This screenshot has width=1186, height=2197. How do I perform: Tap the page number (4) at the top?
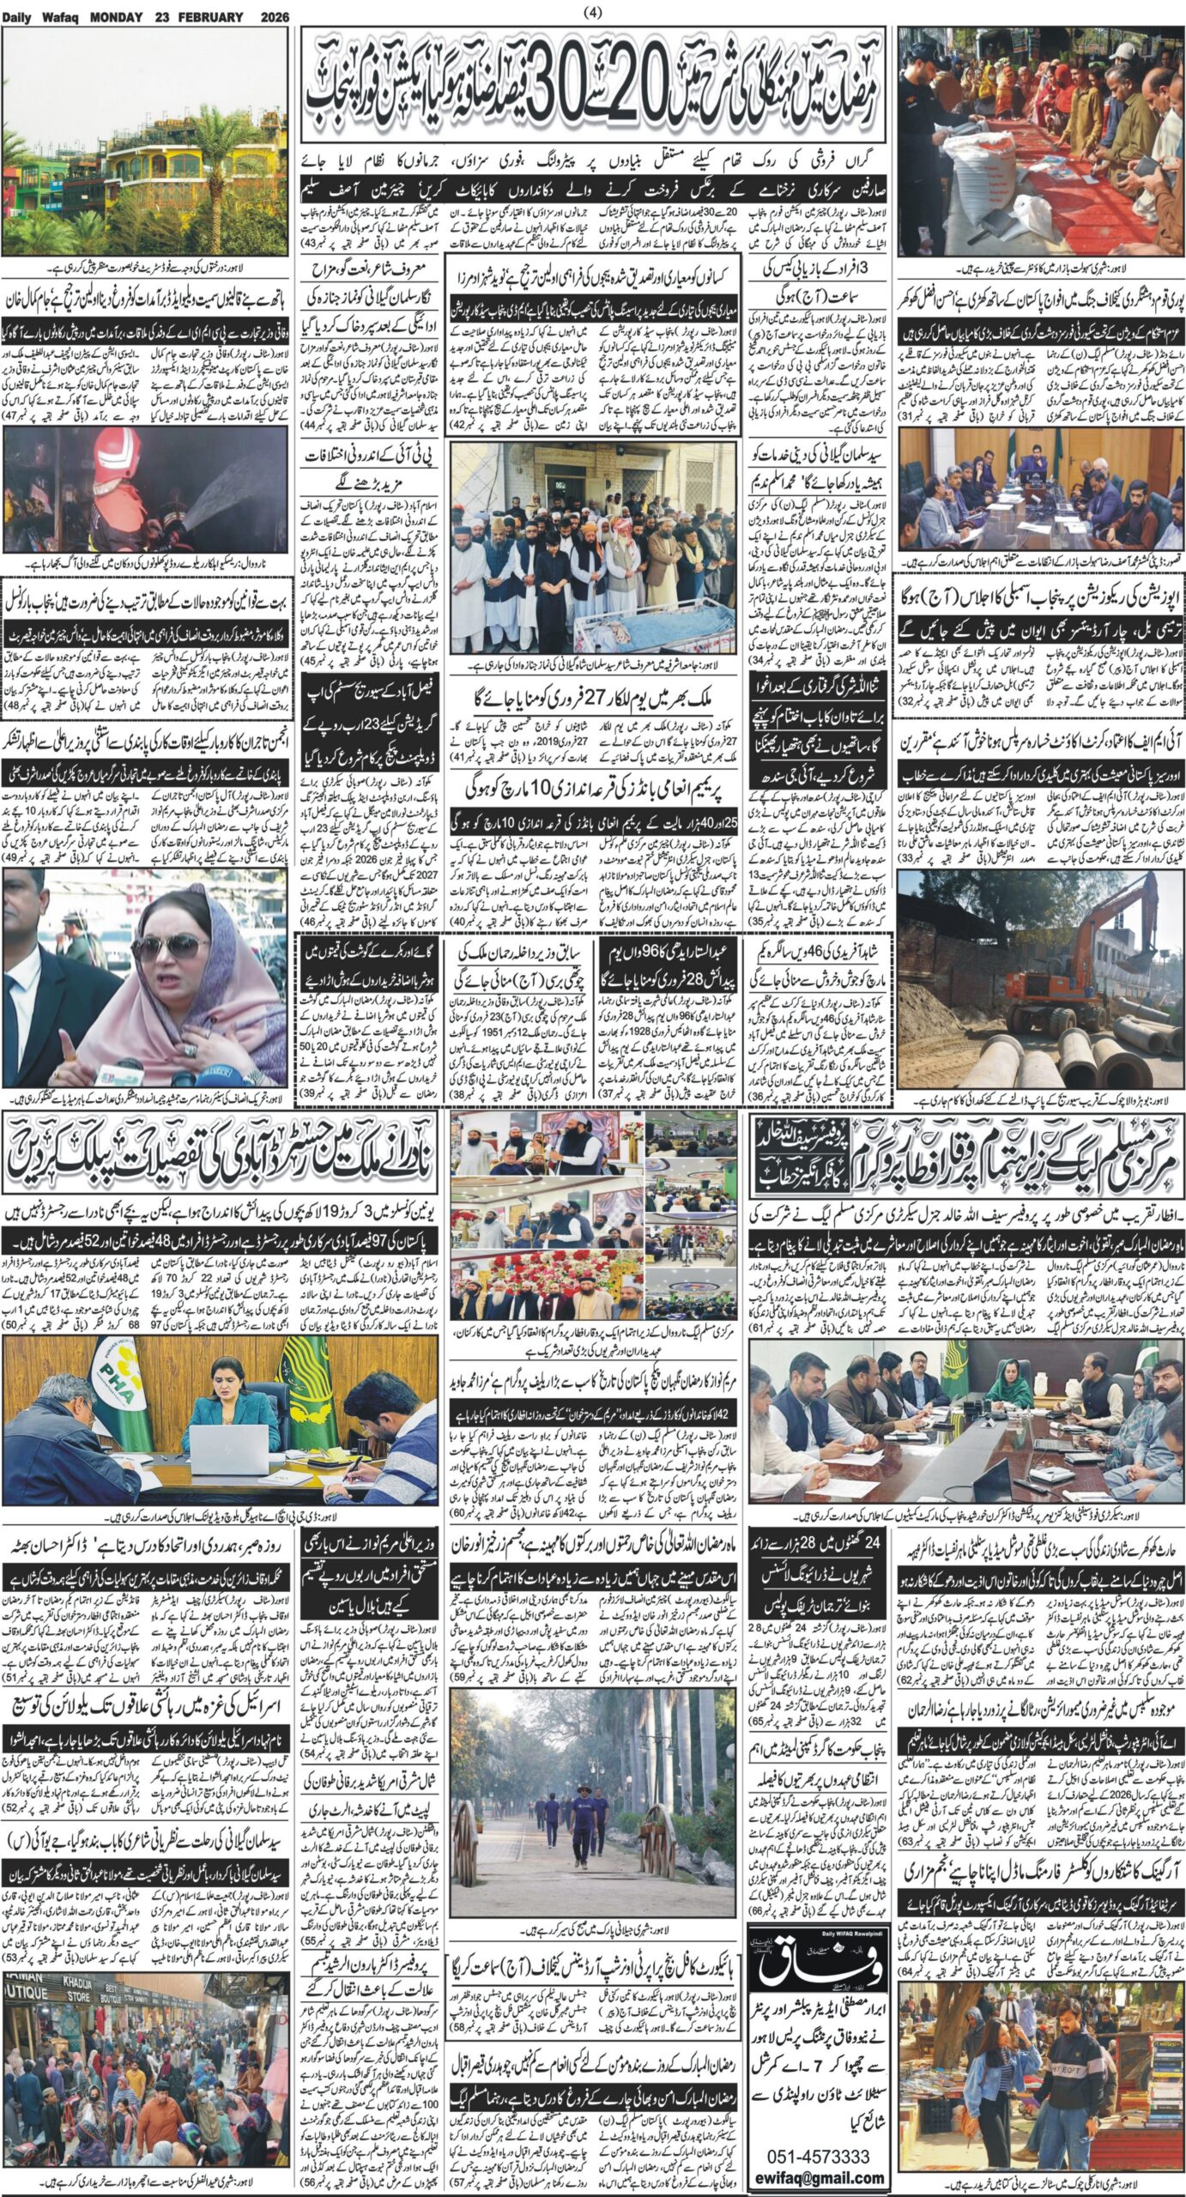point(593,12)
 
